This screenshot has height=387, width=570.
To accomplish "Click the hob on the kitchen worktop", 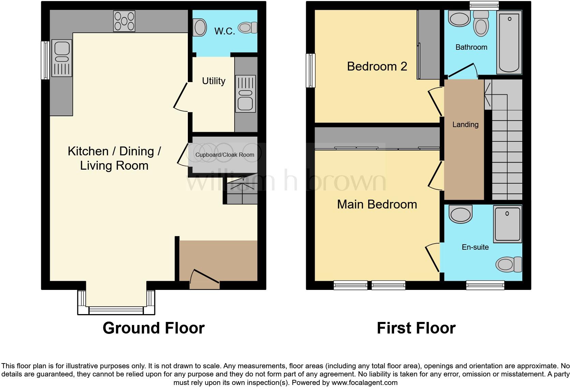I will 124,21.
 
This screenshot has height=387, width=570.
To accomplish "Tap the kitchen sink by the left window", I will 62,58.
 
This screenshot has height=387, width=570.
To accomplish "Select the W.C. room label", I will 225,31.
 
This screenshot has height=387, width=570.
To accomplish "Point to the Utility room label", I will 214,81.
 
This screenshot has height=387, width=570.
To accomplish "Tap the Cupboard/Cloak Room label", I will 225,155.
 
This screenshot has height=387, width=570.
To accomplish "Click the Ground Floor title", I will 153,328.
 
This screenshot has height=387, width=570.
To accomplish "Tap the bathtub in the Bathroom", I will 509,43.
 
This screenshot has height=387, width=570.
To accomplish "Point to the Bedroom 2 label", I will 377,66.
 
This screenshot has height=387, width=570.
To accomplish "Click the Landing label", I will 465,125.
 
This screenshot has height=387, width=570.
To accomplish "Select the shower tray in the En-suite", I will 507,224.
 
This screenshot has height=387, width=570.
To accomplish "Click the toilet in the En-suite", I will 508,264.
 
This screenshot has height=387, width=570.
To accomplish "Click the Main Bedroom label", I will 377,204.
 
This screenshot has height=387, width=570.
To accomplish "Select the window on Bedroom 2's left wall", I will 310,71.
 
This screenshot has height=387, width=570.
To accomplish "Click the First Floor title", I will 416,328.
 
